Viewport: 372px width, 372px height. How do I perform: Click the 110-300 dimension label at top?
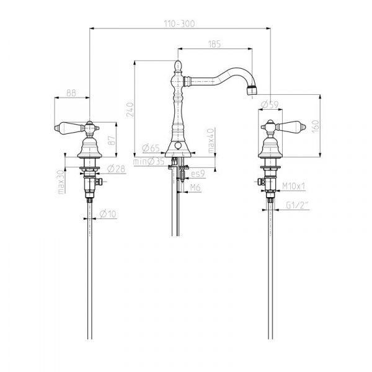coord(180,24)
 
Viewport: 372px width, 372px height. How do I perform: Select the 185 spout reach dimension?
coord(215,44)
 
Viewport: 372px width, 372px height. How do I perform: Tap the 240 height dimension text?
coord(130,109)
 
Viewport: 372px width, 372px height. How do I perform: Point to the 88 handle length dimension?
coord(71,93)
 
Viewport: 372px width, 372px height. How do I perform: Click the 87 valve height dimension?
coord(112,140)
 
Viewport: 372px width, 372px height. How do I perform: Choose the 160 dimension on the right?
coord(316,126)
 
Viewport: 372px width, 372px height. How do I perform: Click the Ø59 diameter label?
coord(270,104)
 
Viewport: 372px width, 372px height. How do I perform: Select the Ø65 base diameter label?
coord(151,148)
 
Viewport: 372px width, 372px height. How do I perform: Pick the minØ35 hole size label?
coord(149,162)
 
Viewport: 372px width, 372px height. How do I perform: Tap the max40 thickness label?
coord(211,140)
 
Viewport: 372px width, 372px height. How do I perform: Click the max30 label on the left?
coord(61,182)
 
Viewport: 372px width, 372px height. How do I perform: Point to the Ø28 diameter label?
coord(116,169)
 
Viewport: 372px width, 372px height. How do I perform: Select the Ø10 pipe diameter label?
coord(108,214)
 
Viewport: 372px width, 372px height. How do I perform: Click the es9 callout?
coord(198,174)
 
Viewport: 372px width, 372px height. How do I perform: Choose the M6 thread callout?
coord(195,188)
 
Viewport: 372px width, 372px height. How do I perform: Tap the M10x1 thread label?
coord(293,186)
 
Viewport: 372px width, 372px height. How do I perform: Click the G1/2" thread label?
coord(298,205)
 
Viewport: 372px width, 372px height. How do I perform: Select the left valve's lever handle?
coord(69,128)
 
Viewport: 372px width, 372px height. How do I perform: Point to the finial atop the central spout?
coord(178,66)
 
